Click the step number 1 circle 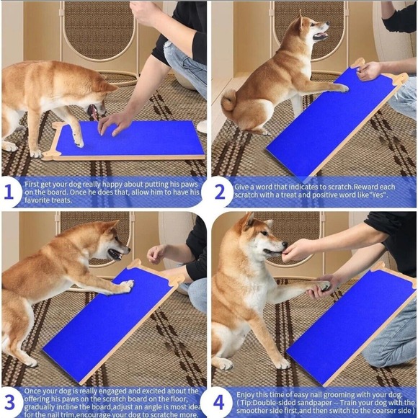pyautogui.click(x=9, y=192)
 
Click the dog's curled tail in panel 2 pyautogui.click(x=229, y=107)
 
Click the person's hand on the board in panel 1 pyautogui.click(x=115, y=121)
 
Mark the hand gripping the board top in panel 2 pyautogui.click(x=370, y=70)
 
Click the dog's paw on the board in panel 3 pyautogui.click(x=125, y=286)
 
